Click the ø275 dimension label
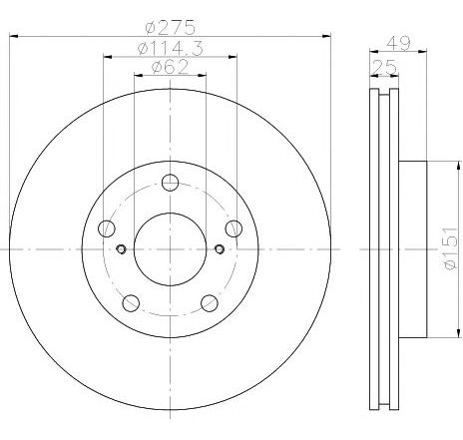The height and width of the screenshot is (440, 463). [x=170, y=27]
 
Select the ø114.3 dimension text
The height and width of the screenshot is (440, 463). [x=170, y=49]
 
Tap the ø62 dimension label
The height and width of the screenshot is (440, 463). [x=170, y=67]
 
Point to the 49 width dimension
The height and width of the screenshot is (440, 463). [x=399, y=43]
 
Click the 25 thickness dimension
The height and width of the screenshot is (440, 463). [x=385, y=68]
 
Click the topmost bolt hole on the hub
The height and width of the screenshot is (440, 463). [x=170, y=183]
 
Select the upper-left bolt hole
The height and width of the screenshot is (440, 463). [x=107, y=228]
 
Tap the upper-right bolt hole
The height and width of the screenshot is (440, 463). [x=233, y=228]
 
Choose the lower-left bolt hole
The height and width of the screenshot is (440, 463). [x=131, y=303]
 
